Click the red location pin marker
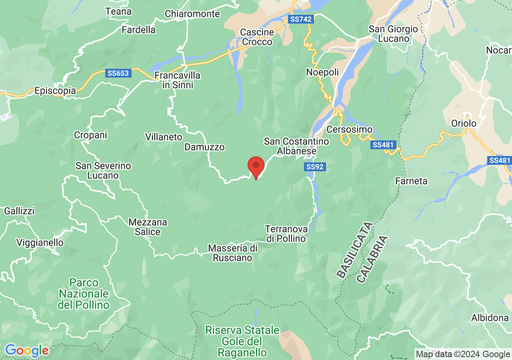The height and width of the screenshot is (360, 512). (x=256, y=167)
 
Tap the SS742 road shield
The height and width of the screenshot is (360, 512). (x=301, y=19)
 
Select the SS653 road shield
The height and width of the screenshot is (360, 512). (x=118, y=73)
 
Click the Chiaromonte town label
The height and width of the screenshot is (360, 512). (x=192, y=14)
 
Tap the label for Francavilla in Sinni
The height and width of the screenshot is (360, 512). (x=177, y=80)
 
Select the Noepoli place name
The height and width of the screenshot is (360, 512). (x=322, y=72)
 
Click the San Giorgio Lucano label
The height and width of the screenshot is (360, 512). (x=393, y=34)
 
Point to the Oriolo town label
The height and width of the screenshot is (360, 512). (x=464, y=123)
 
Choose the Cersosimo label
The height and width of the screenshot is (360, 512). (x=350, y=130)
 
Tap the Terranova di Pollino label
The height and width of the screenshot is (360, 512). (x=286, y=234)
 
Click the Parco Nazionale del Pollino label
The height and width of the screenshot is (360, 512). (x=84, y=294)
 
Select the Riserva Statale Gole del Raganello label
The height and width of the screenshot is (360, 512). (x=242, y=341)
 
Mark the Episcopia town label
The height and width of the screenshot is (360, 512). (x=55, y=91)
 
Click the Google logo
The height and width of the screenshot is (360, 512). (x=27, y=351)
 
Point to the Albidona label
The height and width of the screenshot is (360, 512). (x=490, y=318)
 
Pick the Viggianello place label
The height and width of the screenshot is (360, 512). (x=40, y=242)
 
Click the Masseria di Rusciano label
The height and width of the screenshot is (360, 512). (x=233, y=253)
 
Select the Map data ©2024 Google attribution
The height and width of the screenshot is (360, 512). (x=463, y=354)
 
